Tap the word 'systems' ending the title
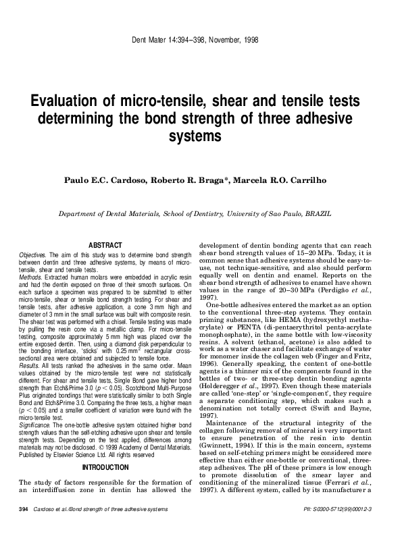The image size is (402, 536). (200, 136)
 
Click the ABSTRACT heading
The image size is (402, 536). (105, 244)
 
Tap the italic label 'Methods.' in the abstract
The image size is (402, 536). (30, 277)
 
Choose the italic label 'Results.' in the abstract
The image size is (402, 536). (29, 365)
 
